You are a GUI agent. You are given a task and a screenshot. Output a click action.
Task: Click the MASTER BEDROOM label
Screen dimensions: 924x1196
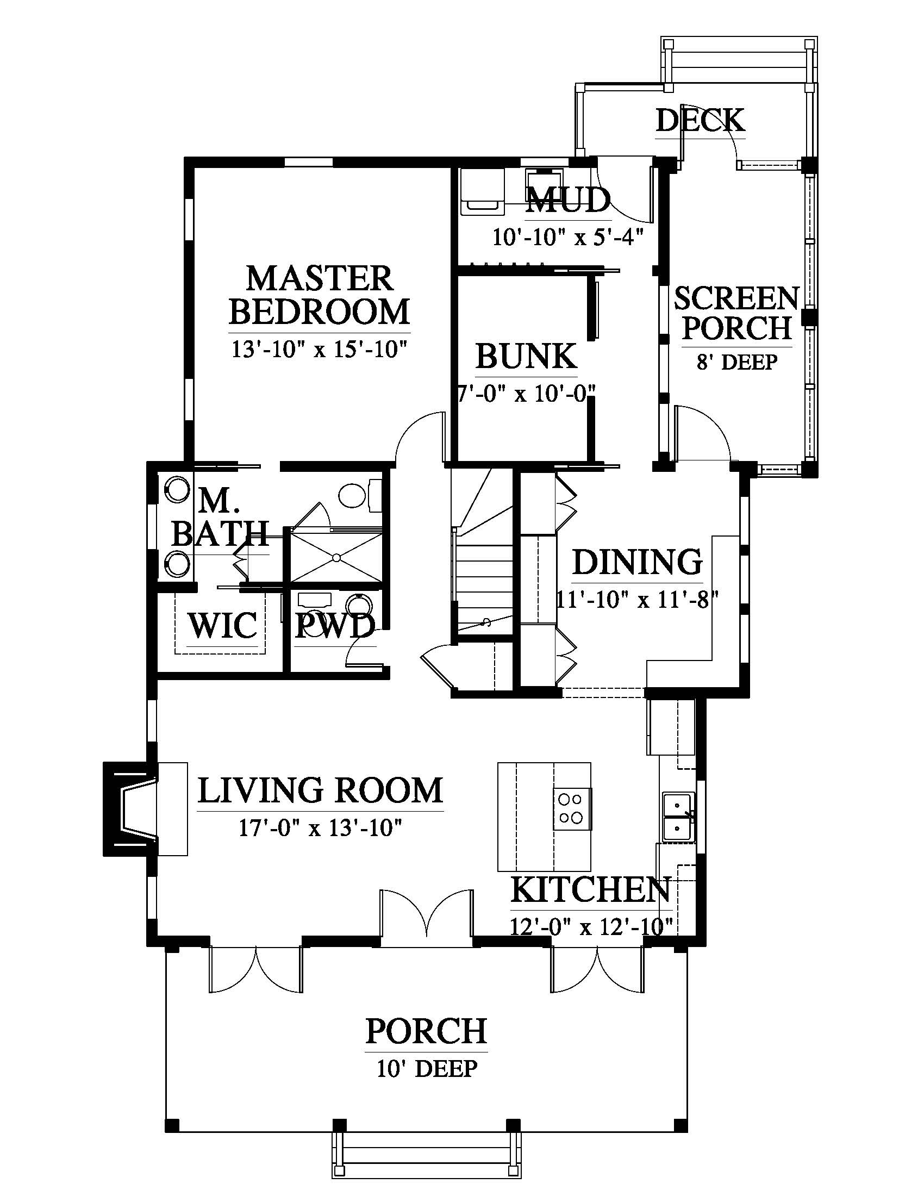tap(320, 296)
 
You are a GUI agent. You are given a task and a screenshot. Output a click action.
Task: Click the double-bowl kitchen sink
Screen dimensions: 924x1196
tap(679, 818)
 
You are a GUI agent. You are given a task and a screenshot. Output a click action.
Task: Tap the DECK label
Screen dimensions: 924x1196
tap(700, 121)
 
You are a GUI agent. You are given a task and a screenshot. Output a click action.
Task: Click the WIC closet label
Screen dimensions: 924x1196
tap(223, 626)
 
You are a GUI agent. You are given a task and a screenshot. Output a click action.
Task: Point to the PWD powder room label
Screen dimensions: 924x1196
tap(335, 626)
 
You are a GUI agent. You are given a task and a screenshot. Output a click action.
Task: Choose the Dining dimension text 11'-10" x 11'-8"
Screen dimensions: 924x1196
tap(637, 600)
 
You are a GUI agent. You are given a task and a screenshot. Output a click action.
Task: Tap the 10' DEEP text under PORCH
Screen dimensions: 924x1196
tap(427, 1068)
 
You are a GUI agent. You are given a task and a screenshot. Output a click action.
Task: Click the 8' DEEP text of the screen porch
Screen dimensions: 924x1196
tap(737, 362)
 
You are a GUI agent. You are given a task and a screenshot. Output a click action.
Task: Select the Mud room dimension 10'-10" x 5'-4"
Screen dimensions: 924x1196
tap(567, 237)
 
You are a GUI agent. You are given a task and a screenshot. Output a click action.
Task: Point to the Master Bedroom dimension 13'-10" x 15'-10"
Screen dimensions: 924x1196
tap(320, 349)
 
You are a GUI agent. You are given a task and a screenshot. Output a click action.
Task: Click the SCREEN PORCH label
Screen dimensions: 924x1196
tap(737, 313)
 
